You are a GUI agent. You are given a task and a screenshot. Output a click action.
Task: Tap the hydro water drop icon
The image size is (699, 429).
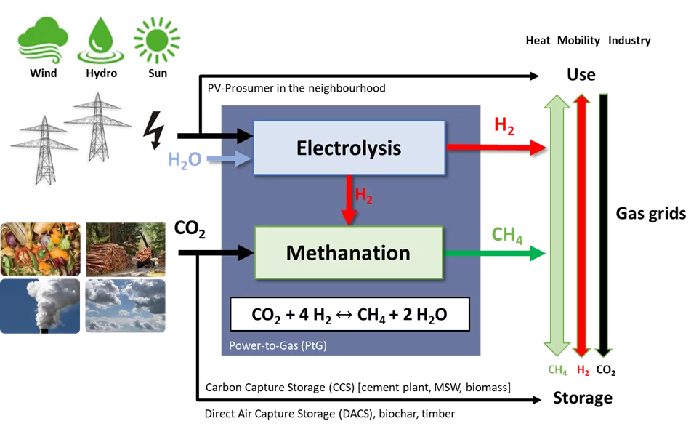pyautogui.click(x=101, y=41)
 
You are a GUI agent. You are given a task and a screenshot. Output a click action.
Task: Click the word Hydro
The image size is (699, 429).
pyautogui.click(x=101, y=73)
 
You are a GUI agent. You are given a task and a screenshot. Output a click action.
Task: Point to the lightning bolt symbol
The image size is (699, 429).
pyautogui.click(x=153, y=131)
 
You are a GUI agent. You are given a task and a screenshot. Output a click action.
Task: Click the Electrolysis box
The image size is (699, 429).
pyautogui.click(x=349, y=148)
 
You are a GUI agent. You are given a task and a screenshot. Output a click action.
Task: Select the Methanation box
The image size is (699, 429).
pyautogui.click(x=349, y=253)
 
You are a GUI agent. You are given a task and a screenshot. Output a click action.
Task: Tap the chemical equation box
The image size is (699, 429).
pyautogui.click(x=349, y=315)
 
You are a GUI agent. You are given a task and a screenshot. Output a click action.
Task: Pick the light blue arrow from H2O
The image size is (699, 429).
pyautogui.click(x=227, y=157)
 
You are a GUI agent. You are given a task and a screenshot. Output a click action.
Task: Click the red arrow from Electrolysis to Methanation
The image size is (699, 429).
pyautogui.click(x=349, y=200)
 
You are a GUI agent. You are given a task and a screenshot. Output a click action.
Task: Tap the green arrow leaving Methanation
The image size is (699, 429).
pyautogui.click(x=495, y=253)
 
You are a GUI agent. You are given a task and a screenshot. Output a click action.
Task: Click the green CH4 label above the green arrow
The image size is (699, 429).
pyautogui.click(x=507, y=235)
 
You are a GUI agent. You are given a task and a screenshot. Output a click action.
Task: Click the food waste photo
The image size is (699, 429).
pyautogui.click(x=40, y=248)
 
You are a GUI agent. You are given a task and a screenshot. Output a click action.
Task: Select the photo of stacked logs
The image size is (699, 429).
pyautogui.click(x=125, y=248)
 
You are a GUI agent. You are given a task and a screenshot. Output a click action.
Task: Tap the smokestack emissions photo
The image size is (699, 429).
pyautogui.click(x=40, y=306)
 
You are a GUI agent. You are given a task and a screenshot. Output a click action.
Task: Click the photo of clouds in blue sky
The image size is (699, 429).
pyautogui.click(x=125, y=306)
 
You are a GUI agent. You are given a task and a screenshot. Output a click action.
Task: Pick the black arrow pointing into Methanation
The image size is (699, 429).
pyautogui.click(x=237, y=252)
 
